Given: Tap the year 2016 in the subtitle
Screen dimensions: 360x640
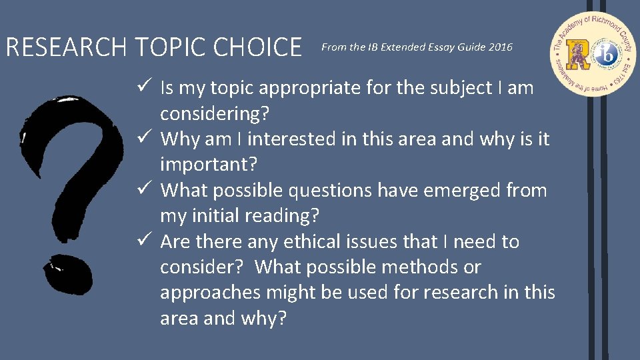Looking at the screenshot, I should [500, 47].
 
